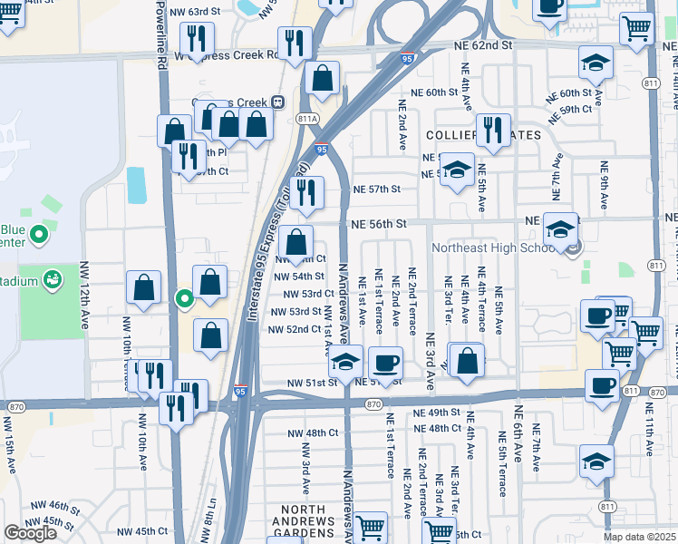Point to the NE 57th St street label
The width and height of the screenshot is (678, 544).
point(376,189)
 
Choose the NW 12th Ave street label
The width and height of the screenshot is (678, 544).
point(85,295)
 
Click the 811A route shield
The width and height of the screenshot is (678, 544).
point(307,118)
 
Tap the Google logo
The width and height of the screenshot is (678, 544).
point(31,532)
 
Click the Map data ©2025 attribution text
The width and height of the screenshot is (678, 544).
point(640,537)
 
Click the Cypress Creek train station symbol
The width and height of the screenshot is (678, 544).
point(279,102)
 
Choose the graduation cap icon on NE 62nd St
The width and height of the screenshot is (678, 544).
point(596,61)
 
